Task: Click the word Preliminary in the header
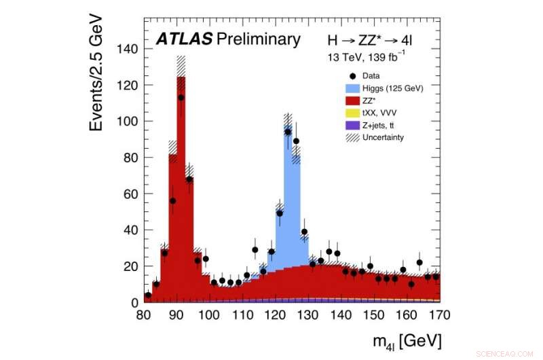[255, 39]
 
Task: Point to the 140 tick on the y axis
[127, 49]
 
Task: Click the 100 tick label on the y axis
[127, 122]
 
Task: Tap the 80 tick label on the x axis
[143, 314]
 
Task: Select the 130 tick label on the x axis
[308, 314]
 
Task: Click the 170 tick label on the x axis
[440, 314]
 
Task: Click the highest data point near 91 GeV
[181, 98]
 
